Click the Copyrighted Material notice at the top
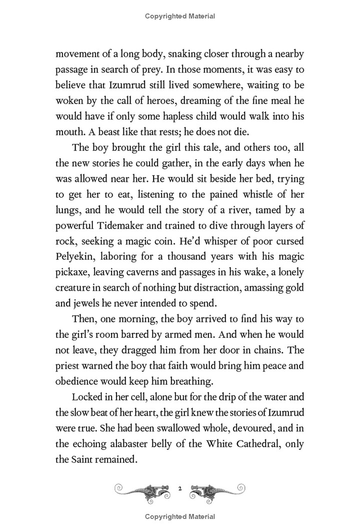[180, 16]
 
